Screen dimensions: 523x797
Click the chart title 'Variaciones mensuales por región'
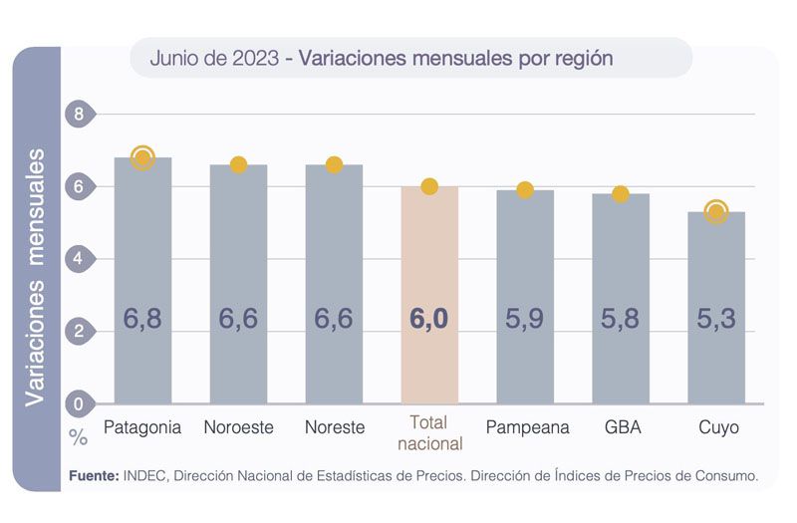pos(455,59)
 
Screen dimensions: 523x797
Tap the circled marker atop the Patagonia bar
pos(142,157)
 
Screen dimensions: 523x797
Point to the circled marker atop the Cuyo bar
pos(715,211)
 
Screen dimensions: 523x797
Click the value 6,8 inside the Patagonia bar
pos(142,319)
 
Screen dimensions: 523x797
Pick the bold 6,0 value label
pos(429,319)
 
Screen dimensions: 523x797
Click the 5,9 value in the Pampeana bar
pos(525,319)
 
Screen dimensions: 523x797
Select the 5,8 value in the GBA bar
pos(621,319)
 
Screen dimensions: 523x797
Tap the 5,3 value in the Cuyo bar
pos(715,319)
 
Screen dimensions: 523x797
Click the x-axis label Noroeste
pos(238,427)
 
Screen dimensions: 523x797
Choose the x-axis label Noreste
pos(334,427)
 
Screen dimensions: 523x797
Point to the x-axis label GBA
pos(621,427)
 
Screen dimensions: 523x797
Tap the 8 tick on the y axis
pos(79,115)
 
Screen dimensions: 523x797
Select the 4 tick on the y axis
pos(79,259)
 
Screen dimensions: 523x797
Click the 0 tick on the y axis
pos(79,404)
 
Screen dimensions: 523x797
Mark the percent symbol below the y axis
pos(79,437)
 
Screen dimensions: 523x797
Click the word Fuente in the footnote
pos(94,476)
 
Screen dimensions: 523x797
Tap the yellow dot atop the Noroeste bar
pos(238,164)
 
